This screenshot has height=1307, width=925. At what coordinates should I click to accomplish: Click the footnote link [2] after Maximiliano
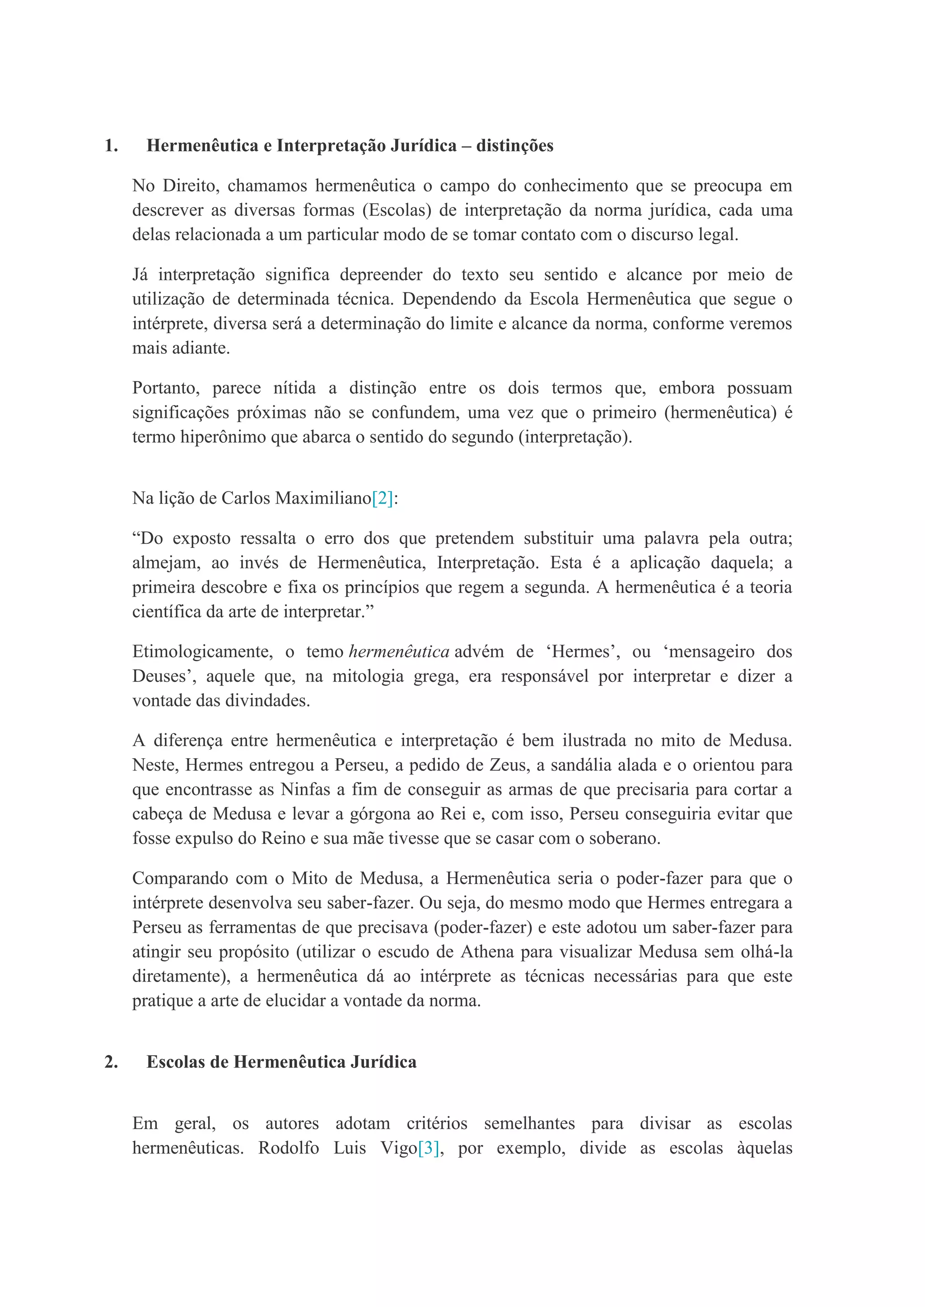382,498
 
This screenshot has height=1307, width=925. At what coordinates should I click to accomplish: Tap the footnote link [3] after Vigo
428,1148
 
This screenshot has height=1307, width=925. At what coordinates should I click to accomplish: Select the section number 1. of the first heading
111,146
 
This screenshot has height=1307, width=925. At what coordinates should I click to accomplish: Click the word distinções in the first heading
514,146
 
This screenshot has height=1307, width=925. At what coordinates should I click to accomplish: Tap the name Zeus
508,765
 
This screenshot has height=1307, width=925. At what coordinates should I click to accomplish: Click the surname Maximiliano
322,498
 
